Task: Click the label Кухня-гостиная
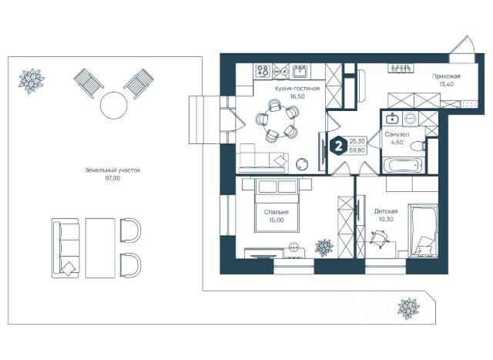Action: (x=293, y=89)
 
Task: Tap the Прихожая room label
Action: (x=447, y=77)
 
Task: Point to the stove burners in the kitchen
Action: (x=263, y=71)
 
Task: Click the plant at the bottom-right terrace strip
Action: (x=407, y=309)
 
